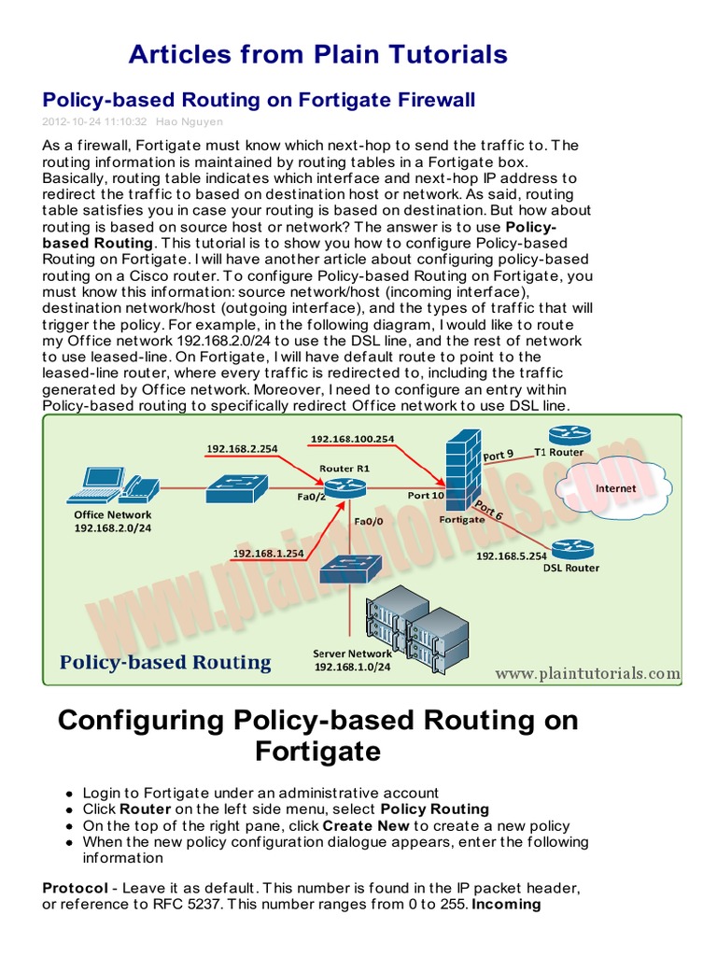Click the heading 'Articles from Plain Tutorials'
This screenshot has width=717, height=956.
pyautogui.click(x=317, y=54)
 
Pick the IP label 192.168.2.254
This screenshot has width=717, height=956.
pyautogui.click(x=241, y=449)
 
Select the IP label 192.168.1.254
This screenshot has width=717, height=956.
pyautogui.click(x=269, y=553)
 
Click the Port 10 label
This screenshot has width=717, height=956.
pyautogui.click(x=425, y=496)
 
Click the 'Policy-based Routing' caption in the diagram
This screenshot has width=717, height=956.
pyautogui.click(x=165, y=663)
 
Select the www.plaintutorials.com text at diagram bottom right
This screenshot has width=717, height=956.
pyautogui.click(x=587, y=672)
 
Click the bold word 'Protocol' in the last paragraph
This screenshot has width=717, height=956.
pyautogui.click(x=76, y=886)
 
